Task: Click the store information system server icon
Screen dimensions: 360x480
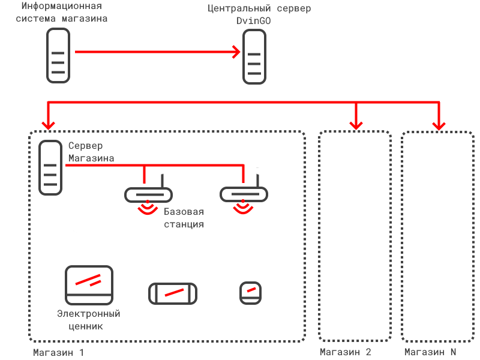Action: tap(58, 55)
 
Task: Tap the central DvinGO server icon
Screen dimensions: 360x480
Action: tap(254, 57)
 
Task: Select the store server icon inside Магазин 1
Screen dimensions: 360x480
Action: tap(50, 167)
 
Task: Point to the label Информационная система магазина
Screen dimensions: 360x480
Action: tap(61, 12)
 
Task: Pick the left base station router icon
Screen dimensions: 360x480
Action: tap(148, 195)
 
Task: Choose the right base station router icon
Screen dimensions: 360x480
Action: tap(244, 195)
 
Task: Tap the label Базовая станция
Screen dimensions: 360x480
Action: tap(184, 218)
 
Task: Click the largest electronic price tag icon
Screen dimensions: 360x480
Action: tap(89, 284)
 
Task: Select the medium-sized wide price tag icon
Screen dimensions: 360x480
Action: tap(173, 293)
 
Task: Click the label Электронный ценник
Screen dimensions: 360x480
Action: tap(89, 320)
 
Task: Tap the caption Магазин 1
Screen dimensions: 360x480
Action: tap(58, 352)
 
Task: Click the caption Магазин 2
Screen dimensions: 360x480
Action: tap(346, 352)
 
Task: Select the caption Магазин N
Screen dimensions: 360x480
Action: tap(430, 352)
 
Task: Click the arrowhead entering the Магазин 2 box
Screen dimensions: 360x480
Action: tap(356, 125)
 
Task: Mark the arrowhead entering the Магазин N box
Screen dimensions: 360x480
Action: tap(439, 125)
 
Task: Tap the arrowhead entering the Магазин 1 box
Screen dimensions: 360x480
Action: tap(48, 125)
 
